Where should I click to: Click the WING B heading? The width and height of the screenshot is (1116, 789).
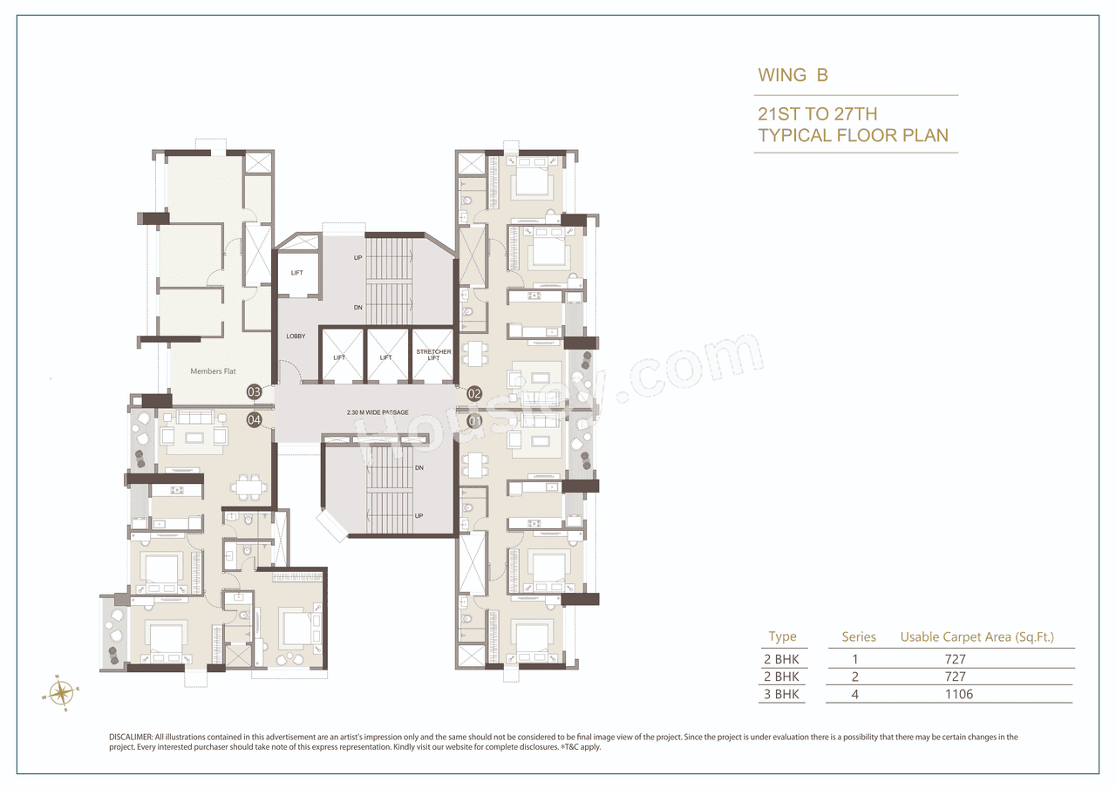coord(793,75)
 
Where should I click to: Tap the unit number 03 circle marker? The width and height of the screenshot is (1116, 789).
coord(255,392)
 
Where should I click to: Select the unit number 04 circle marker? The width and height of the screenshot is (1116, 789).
coord(255,420)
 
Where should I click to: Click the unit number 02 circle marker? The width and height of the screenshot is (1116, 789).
coord(474,393)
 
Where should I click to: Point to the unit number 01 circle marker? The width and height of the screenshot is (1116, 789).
coord(474,420)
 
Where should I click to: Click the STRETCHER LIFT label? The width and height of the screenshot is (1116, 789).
coord(433,355)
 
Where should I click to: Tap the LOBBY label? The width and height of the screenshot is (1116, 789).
coord(296,336)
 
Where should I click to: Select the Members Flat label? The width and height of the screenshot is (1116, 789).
coord(213,371)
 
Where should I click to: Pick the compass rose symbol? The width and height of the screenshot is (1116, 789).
coord(61,693)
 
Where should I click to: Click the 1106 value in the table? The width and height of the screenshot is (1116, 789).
coord(959,695)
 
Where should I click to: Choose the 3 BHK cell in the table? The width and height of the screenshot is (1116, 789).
coord(783,695)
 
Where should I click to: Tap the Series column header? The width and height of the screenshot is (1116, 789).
coord(858,637)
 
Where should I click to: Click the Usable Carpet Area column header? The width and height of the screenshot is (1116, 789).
coord(976,637)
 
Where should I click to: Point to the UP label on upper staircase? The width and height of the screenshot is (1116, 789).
coord(357,258)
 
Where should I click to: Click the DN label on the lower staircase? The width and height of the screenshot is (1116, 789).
coord(418,468)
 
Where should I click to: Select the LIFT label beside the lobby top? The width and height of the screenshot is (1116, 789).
coord(296,273)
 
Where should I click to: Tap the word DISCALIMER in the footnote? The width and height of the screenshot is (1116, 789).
coord(131,738)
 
